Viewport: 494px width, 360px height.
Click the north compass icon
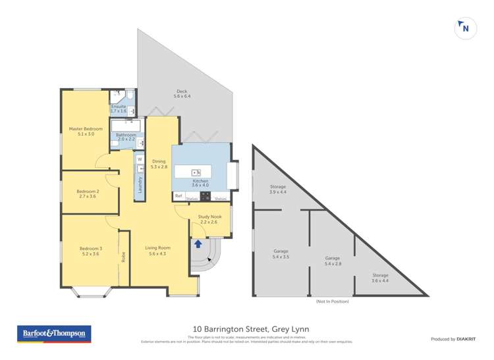click(465, 28)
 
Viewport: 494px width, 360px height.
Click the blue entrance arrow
click(198, 244)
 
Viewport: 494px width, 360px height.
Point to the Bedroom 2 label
click(88, 192)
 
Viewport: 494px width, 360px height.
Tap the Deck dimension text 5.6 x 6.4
click(182, 97)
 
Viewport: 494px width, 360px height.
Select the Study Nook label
click(210, 217)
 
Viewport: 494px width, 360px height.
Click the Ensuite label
click(119, 106)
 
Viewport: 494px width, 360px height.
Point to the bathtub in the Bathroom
click(126, 124)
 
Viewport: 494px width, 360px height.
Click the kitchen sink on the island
click(196, 172)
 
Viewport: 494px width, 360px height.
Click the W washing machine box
click(140, 159)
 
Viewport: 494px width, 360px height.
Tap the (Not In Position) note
click(332, 301)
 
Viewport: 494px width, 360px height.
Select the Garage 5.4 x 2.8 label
click(332, 261)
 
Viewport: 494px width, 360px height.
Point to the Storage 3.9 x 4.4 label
click(278, 190)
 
